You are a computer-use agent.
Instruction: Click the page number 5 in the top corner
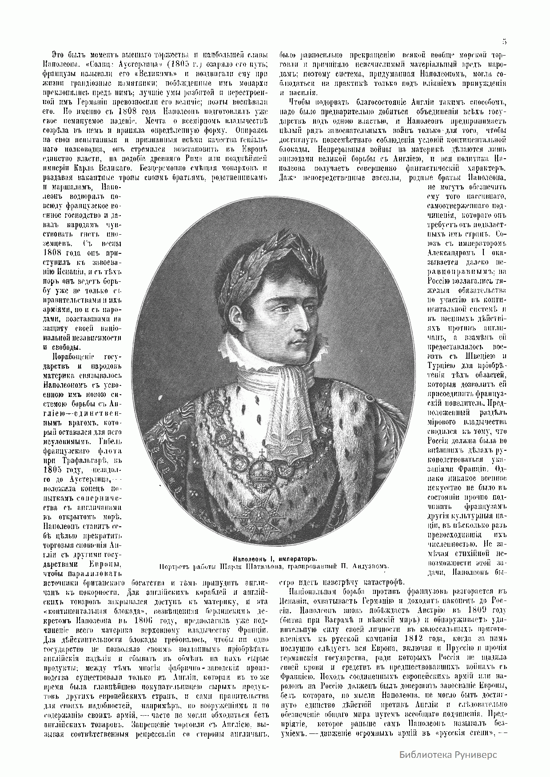click(504, 42)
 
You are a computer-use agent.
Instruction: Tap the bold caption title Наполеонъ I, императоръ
click(275, 559)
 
